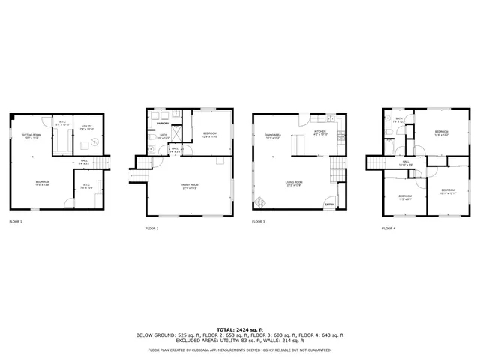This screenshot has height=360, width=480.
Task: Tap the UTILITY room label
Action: [x=86, y=127]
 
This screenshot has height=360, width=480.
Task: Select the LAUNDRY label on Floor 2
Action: [x=162, y=124]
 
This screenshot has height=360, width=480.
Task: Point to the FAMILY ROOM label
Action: [x=189, y=184]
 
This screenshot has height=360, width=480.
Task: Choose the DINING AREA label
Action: [x=272, y=136]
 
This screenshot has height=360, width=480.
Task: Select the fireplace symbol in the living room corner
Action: [x=260, y=203]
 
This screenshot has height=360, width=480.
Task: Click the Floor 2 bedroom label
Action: [x=210, y=135]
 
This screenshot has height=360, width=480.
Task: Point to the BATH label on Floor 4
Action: [x=400, y=119]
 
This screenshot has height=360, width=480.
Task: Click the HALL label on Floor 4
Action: [x=405, y=162]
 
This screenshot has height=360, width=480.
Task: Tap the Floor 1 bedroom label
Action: [x=43, y=182]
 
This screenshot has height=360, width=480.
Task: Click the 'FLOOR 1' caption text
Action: [x=16, y=222]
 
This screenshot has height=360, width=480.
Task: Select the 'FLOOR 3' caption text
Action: [x=259, y=222]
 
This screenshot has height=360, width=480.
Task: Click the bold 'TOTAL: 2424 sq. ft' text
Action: [x=240, y=329]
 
